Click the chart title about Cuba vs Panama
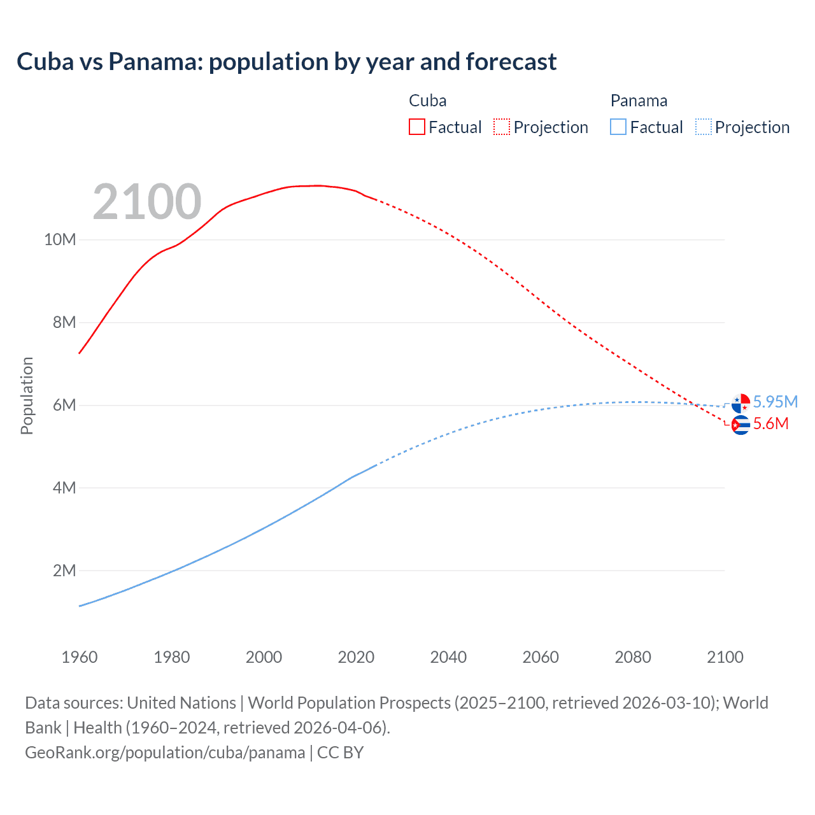(x=287, y=62)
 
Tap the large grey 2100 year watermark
(x=147, y=202)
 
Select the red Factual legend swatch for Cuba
(x=416, y=127)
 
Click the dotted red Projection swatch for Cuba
(x=502, y=127)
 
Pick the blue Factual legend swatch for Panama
(x=618, y=127)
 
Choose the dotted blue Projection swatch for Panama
(x=704, y=127)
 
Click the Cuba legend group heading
(x=427, y=101)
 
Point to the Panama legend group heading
(x=639, y=101)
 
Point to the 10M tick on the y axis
(x=60, y=240)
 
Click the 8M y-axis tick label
(x=64, y=323)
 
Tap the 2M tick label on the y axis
(x=64, y=571)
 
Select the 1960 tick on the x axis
(x=80, y=657)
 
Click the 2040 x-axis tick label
(x=448, y=657)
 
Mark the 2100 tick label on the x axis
(x=725, y=657)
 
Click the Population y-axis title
(x=27, y=395)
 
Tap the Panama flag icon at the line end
(x=741, y=403)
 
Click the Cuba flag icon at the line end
(x=741, y=425)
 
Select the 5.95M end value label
(x=775, y=402)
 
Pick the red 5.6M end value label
(x=770, y=424)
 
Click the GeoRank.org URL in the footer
(x=165, y=753)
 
